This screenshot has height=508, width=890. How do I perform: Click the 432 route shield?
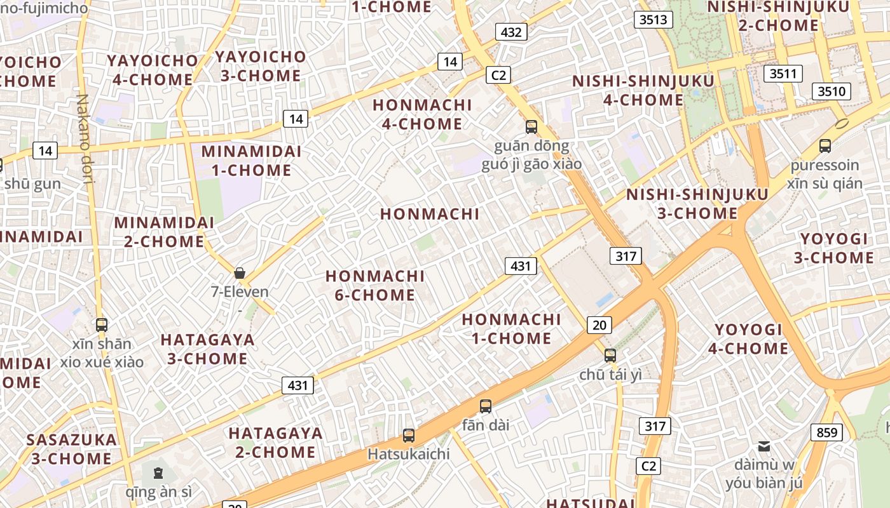click(511, 32)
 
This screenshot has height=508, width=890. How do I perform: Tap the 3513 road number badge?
click(654, 20)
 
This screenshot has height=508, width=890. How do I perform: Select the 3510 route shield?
click(832, 91)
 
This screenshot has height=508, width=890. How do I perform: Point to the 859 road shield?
click(826, 432)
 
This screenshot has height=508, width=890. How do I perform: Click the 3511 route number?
click(783, 74)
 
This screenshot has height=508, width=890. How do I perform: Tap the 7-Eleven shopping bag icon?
click(240, 273)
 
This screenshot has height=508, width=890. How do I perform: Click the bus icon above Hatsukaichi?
click(409, 436)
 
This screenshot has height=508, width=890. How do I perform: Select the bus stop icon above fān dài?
click(486, 406)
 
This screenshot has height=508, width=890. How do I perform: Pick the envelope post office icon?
click(764, 446)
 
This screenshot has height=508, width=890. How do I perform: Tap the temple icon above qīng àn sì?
click(158, 472)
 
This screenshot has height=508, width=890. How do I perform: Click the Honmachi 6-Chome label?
click(374, 285)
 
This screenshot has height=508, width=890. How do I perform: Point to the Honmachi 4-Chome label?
click(422, 114)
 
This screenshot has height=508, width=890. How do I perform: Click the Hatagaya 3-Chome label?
click(207, 349)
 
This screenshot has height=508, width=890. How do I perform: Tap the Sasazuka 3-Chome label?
click(72, 448)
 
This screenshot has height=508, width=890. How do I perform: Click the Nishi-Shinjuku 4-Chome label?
click(643, 90)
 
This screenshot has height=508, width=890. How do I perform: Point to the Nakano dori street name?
click(85, 138)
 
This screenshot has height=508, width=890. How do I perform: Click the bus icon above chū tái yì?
click(610, 355)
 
